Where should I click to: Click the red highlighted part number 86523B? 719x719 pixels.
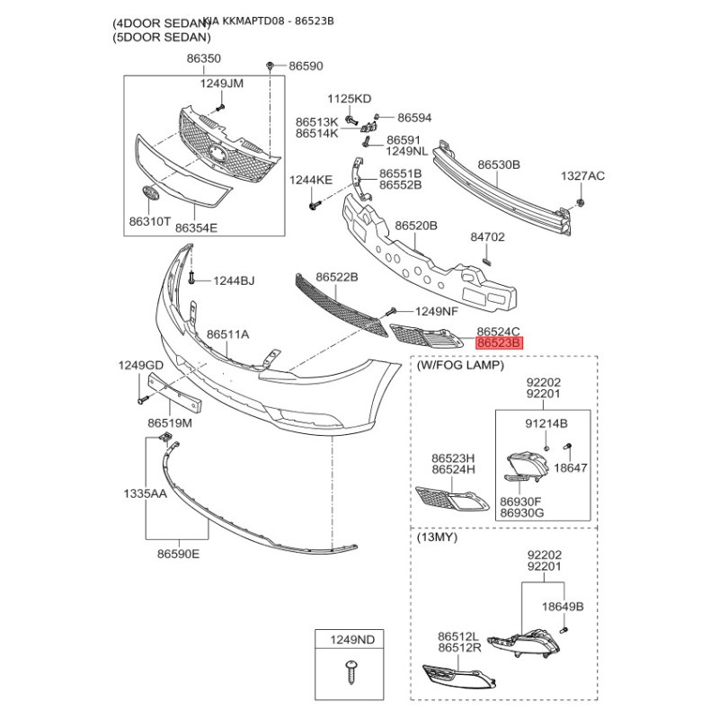(x=499, y=343)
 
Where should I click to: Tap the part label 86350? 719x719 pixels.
(x=203, y=58)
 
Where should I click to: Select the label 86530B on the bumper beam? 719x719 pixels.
(x=499, y=165)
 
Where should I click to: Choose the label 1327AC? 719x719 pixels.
(x=583, y=176)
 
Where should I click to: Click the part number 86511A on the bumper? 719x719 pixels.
(x=228, y=334)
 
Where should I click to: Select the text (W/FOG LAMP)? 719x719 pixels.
(x=460, y=366)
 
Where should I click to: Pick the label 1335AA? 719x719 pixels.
(x=145, y=493)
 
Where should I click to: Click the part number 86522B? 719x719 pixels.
(x=337, y=279)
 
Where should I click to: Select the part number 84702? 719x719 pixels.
(x=488, y=238)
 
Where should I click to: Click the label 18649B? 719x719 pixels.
(x=563, y=607)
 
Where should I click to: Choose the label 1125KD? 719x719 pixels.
(x=349, y=98)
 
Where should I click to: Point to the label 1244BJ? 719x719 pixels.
(x=234, y=281)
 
